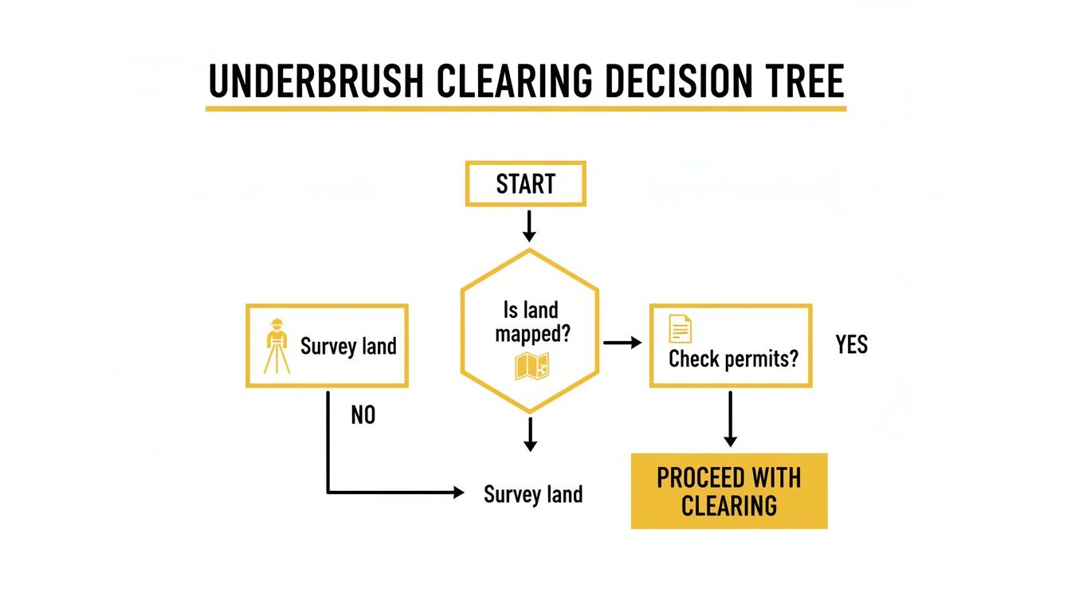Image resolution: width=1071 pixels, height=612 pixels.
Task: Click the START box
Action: (526, 184)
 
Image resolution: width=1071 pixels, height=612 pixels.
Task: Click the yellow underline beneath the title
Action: (526, 107)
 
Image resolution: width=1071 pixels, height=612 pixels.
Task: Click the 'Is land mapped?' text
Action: (531, 321)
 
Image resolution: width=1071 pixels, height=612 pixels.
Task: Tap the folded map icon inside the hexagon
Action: (532, 366)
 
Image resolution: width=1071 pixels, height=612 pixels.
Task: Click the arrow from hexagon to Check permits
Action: (622, 343)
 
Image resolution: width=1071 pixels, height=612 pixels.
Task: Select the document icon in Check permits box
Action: (680, 328)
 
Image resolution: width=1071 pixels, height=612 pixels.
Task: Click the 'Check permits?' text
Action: (732, 359)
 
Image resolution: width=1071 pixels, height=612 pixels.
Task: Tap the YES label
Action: (851, 344)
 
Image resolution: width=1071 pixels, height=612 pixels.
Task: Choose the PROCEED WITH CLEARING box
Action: (729, 491)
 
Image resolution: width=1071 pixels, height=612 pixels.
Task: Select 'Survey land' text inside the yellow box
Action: (348, 347)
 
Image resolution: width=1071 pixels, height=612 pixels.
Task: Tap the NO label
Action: (363, 415)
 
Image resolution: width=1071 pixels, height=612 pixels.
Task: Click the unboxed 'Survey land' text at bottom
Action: (533, 494)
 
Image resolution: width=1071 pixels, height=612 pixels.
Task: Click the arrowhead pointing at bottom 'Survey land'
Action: (459, 493)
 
